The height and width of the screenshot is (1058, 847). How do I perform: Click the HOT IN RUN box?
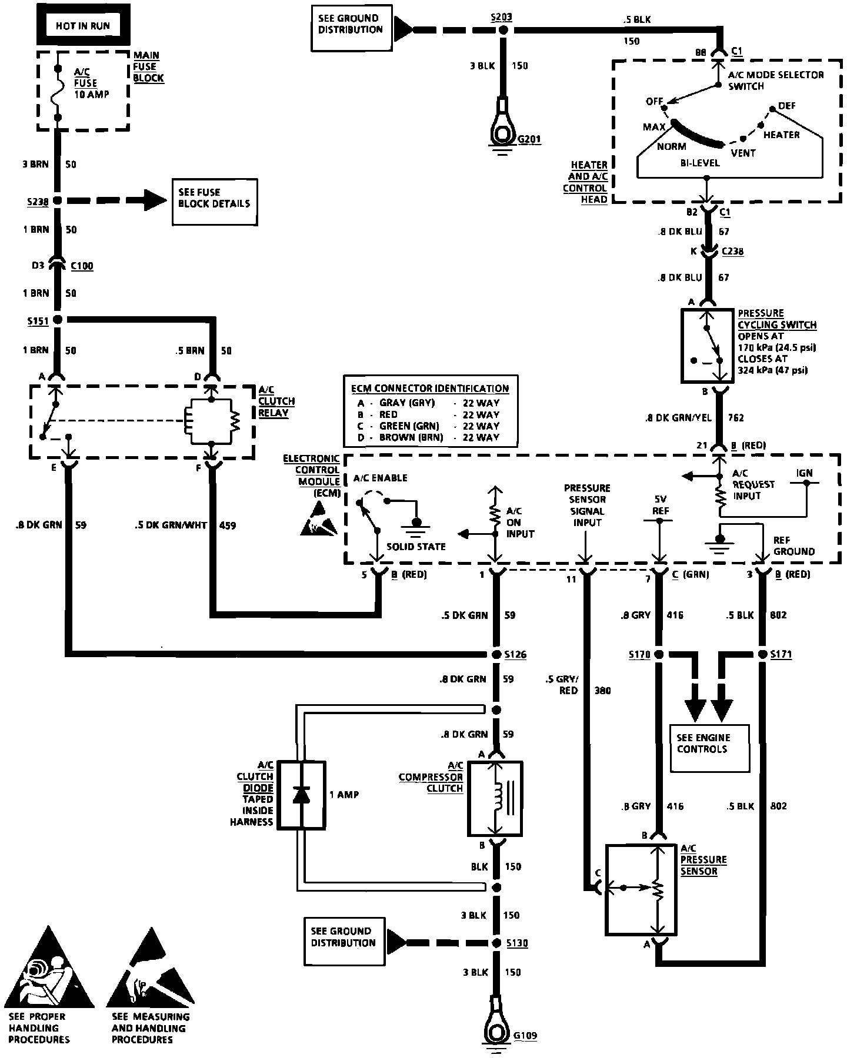[82, 25]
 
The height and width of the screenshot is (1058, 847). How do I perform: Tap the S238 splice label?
[37, 201]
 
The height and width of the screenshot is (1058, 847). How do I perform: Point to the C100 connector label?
[82, 266]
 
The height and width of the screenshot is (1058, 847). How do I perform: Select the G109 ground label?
[525, 1035]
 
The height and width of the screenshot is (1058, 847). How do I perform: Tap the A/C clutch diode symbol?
[301, 795]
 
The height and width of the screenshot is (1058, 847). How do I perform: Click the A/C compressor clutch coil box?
[495, 799]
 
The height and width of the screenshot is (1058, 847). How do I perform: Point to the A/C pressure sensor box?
[641, 890]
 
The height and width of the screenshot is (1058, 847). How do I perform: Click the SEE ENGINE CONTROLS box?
[710, 748]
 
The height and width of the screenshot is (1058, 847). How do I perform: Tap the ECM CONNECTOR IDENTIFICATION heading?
[430, 389]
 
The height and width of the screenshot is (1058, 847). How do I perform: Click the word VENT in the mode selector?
[743, 153]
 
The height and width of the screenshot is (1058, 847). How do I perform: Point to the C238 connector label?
[732, 252]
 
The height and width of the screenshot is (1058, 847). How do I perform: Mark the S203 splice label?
[501, 18]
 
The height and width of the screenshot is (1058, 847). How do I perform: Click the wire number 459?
[227, 525]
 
